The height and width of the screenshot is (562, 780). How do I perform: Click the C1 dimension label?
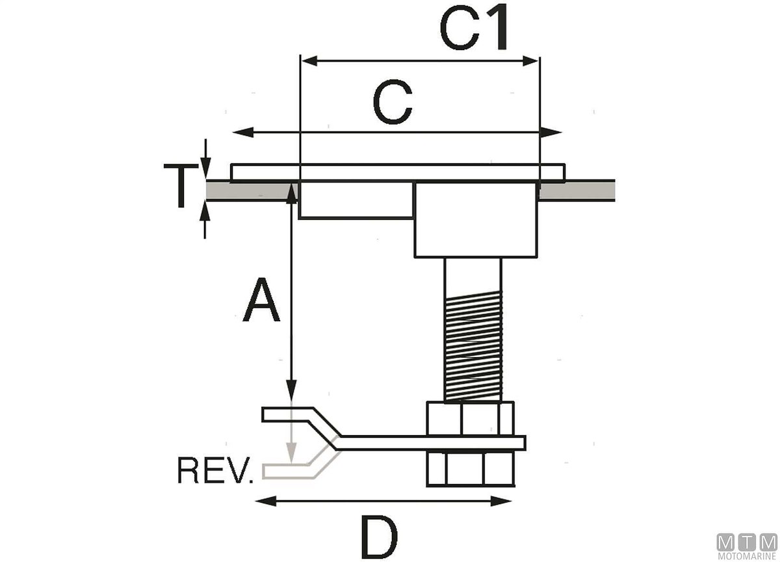pyautogui.click(x=473, y=30)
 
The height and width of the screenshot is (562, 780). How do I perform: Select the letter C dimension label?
pyautogui.click(x=393, y=104)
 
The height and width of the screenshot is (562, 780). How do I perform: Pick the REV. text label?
pyautogui.click(x=215, y=472)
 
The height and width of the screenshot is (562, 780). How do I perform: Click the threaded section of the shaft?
pyautogui.click(x=473, y=348)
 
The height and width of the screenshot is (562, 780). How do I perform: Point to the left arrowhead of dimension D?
pyautogui.click(x=260, y=501)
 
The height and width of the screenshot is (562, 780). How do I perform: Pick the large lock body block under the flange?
pyautogui.click(x=476, y=219)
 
